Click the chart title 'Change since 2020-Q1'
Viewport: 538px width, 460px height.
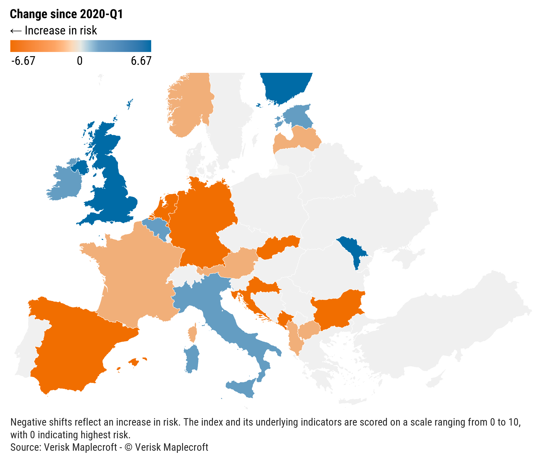[x=66, y=14]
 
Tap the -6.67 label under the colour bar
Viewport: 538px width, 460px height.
[x=23, y=61]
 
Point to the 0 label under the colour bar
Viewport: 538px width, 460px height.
[x=80, y=61]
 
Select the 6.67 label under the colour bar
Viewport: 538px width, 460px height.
[x=141, y=61]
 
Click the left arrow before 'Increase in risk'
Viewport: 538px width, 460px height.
[x=16, y=31]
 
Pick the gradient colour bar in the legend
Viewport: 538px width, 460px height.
[x=81, y=46]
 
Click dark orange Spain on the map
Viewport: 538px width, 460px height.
[x=74, y=344]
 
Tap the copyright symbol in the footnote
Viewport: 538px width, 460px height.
[x=128, y=447]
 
